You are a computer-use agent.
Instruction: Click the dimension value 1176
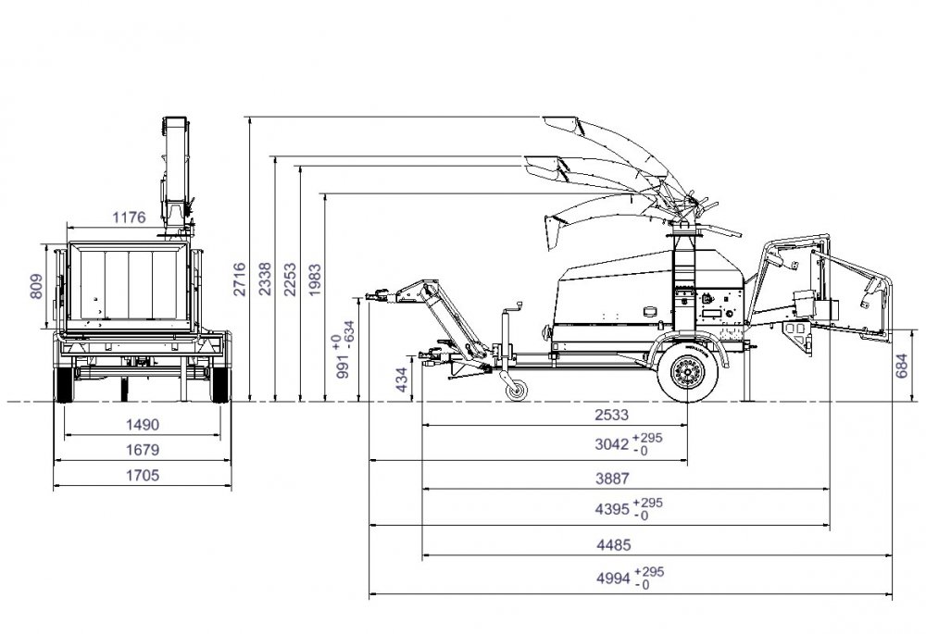coord(130,218)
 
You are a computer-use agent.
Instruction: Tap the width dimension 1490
coord(143,425)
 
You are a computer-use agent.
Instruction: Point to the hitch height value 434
coord(402,380)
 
